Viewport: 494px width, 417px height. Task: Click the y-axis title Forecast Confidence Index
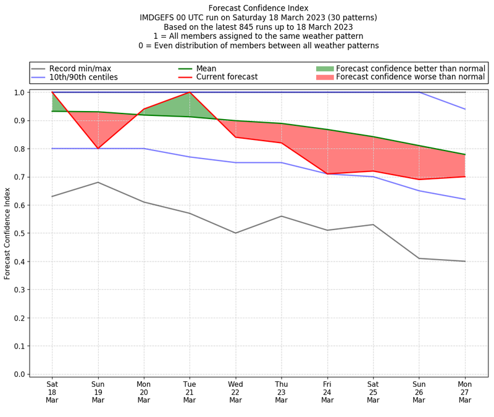point(7,233)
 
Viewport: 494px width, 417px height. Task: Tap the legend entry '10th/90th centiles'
point(83,78)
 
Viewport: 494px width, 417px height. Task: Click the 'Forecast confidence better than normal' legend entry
point(410,68)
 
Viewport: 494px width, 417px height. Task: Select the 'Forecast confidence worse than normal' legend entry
point(411,78)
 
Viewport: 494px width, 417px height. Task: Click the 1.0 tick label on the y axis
point(19,93)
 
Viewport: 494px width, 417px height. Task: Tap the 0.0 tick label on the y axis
point(19,374)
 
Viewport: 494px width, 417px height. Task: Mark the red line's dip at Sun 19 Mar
point(98,149)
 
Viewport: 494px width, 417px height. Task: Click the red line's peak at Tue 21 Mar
point(190,93)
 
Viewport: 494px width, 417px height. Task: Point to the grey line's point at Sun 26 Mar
point(419,258)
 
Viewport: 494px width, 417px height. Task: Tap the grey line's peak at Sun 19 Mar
point(98,182)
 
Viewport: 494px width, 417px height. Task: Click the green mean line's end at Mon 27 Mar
point(465,154)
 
